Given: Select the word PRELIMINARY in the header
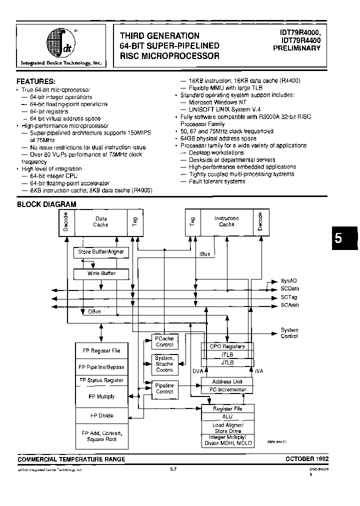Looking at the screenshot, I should click(297, 48).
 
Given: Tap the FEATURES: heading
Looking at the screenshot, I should click(36, 81).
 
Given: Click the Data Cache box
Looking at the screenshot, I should click(100, 221).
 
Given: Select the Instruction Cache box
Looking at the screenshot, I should click(226, 221).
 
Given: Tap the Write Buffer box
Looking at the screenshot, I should click(101, 273).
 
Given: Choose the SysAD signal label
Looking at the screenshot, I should click(289, 281).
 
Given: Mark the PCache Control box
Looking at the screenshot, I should click(164, 341).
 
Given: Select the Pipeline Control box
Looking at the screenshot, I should click(164, 388).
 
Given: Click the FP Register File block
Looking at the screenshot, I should click(101, 350).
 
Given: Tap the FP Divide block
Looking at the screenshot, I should click(101, 415).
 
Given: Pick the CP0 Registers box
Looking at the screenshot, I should click(227, 346).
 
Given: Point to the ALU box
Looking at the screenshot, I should click(227, 416).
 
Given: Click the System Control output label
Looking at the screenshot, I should click(289, 333).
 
